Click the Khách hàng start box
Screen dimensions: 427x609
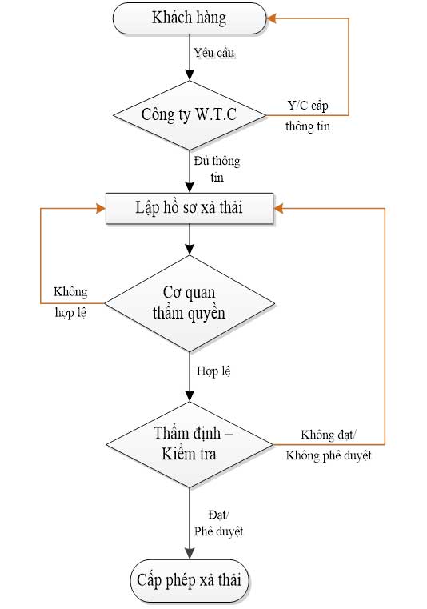(x=190, y=18)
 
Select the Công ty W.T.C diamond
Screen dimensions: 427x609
(x=190, y=115)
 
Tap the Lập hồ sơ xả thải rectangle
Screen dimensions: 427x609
(x=190, y=208)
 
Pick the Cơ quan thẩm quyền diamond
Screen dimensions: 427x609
(x=190, y=303)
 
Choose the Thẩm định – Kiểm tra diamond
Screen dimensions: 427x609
(x=190, y=444)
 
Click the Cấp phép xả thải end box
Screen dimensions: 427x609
(x=190, y=581)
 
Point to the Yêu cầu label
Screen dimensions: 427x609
(x=213, y=53)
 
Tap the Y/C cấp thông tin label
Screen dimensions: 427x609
(x=308, y=116)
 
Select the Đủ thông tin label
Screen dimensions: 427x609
(x=217, y=169)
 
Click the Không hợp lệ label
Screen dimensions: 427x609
(x=70, y=302)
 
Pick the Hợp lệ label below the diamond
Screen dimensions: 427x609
(x=213, y=371)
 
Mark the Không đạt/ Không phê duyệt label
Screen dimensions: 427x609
(x=329, y=445)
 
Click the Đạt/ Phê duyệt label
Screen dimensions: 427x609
(x=218, y=523)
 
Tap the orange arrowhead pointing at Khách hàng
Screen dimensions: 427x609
(x=271, y=18)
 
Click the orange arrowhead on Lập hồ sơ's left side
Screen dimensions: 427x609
(x=101, y=209)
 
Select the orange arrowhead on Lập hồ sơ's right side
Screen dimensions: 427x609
(x=278, y=209)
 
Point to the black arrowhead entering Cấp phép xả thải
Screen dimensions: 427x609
(x=190, y=554)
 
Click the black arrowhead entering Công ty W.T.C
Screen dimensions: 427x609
(x=190, y=75)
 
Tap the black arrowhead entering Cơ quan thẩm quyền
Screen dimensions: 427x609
(x=190, y=250)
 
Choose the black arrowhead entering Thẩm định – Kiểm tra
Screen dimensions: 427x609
(x=190, y=396)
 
